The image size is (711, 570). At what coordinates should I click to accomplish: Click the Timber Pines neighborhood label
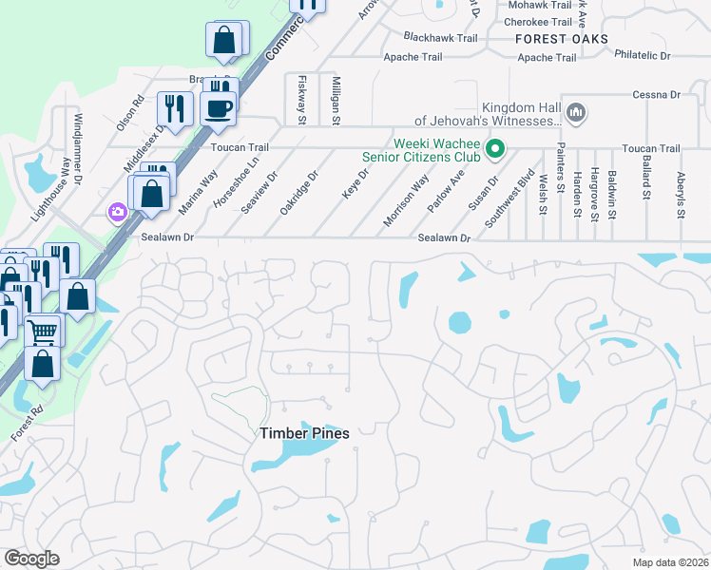[305, 433]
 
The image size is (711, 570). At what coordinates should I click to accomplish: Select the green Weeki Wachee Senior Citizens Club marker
[494, 149]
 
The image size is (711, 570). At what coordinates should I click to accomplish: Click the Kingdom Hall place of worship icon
[574, 113]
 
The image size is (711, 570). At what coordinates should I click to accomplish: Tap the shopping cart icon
[42, 332]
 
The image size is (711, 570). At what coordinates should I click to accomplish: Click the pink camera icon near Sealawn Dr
[118, 212]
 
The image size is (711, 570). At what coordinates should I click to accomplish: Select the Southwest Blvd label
[522, 194]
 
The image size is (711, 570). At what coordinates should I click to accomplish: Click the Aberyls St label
[681, 195]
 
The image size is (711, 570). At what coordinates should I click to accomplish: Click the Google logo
[30, 559]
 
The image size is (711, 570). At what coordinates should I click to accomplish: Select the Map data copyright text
[670, 561]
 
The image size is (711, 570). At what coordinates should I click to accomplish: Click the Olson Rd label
[130, 112]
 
